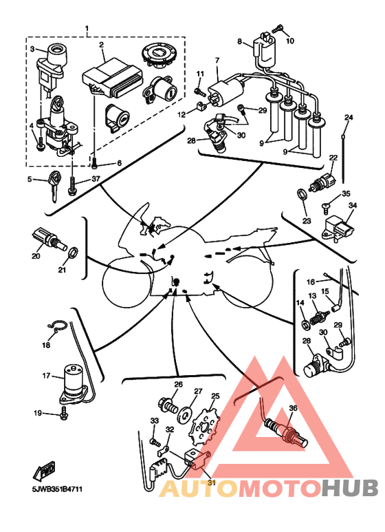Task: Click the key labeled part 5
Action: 53,186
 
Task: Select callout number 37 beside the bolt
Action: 96,179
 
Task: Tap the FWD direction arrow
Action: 44,471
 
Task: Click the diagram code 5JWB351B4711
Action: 57,489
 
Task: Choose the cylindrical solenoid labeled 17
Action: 74,384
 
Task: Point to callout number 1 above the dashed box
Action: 87,28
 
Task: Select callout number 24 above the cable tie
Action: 349,118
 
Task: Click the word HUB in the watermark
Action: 349,488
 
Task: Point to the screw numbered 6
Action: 95,162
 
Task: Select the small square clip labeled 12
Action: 201,107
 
